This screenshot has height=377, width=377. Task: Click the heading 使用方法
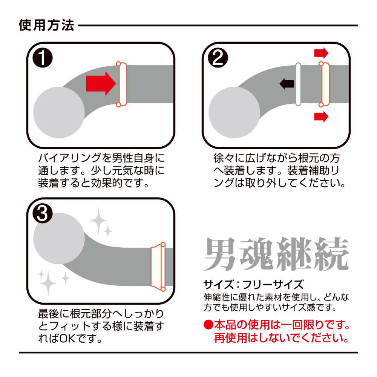(x=46, y=25)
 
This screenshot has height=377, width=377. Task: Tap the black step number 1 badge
(x=43, y=58)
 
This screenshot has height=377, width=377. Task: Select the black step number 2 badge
(x=218, y=58)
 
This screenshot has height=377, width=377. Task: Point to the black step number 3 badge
(x=43, y=213)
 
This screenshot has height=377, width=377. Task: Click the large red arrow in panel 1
(x=101, y=83)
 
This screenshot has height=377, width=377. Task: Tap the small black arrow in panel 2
(x=287, y=84)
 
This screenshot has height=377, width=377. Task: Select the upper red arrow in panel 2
(x=321, y=53)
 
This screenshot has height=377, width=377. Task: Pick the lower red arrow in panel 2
(x=321, y=116)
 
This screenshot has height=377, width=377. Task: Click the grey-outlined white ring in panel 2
(x=298, y=84)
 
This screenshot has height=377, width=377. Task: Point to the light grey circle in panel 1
(x=59, y=112)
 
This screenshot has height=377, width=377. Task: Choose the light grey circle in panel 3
(x=59, y=239)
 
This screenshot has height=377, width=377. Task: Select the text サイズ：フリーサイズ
(x=253, y=284)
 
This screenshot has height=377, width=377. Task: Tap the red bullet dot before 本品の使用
(x=208, y=325)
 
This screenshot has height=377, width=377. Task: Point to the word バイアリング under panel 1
(x=70, y=158)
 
